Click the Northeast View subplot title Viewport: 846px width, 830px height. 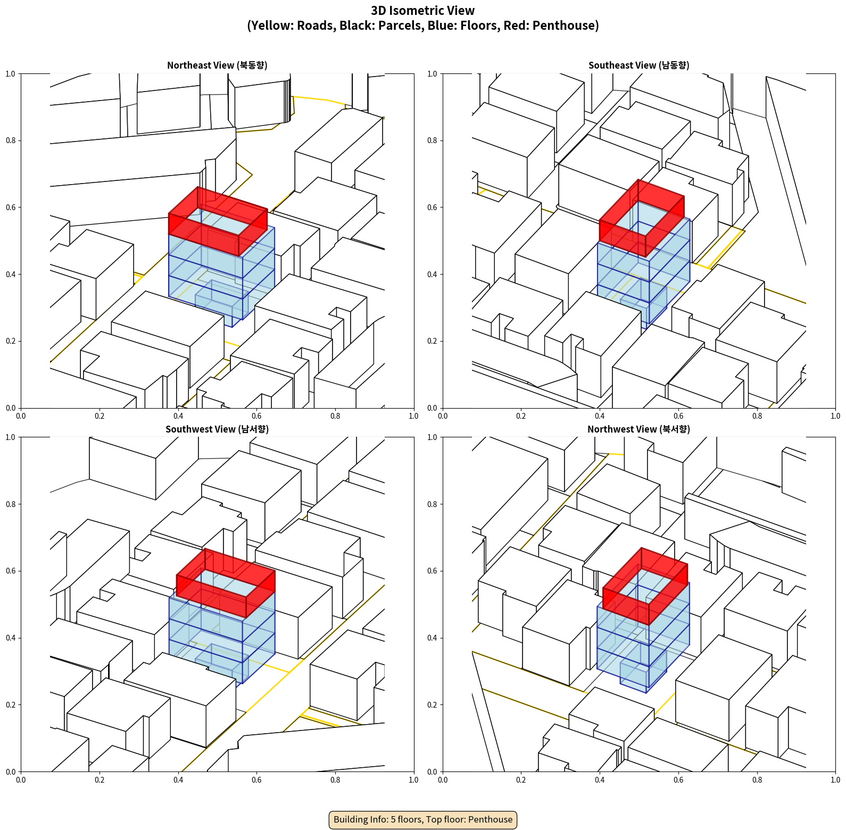coord(217,65)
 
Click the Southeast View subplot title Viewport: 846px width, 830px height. coord(638,65)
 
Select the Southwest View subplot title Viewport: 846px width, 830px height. coord(217,429)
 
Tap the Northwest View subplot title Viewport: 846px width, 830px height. coord(638,429)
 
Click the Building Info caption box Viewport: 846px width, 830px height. coord(423,819)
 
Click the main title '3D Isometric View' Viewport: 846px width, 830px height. coord(423,11)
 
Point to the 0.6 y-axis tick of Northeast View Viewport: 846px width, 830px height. coord(11,207)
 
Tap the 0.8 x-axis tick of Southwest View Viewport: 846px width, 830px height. coord(335,780)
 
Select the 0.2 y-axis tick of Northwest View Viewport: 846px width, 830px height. coord(433,705)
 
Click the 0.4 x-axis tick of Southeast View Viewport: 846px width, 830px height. coord(600,416)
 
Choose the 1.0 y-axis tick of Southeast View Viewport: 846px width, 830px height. coord(433,74)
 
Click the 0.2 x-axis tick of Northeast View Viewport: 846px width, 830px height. coord(99,416)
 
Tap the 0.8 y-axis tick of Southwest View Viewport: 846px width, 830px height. coord(11,504)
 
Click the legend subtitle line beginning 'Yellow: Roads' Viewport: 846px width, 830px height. coord(423,26)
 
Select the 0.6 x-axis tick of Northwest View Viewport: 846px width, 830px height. coord(678,780)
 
